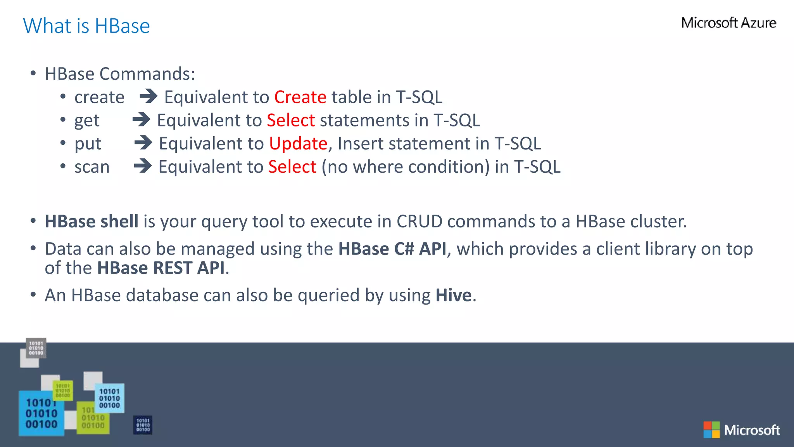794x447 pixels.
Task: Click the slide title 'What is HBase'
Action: (86, 26)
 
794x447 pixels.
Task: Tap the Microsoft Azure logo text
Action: (728, 23)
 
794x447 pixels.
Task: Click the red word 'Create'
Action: (300, 97)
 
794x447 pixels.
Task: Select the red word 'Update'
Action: (298, 144)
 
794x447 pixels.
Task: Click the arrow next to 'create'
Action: (148, 96)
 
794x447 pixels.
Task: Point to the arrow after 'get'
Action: (141, 120)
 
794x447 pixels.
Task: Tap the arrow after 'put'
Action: (143, 143)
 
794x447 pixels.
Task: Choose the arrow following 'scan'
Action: (143, 166)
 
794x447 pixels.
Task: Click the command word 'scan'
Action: (92, 167)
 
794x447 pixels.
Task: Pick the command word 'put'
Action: (88, 144)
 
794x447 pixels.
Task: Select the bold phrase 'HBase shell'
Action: (91, 222)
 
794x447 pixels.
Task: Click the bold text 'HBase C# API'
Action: (392, 249)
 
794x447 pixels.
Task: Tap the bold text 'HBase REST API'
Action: (161, 268)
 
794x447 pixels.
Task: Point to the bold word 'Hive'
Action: (453, 295)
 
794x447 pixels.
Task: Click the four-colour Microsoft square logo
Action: (711, 430)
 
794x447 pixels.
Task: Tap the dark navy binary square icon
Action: (143, 425)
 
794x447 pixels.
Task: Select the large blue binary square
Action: (41, 414)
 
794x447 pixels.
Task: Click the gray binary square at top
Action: (36, 348)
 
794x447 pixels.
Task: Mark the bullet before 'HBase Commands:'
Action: (33, 73)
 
